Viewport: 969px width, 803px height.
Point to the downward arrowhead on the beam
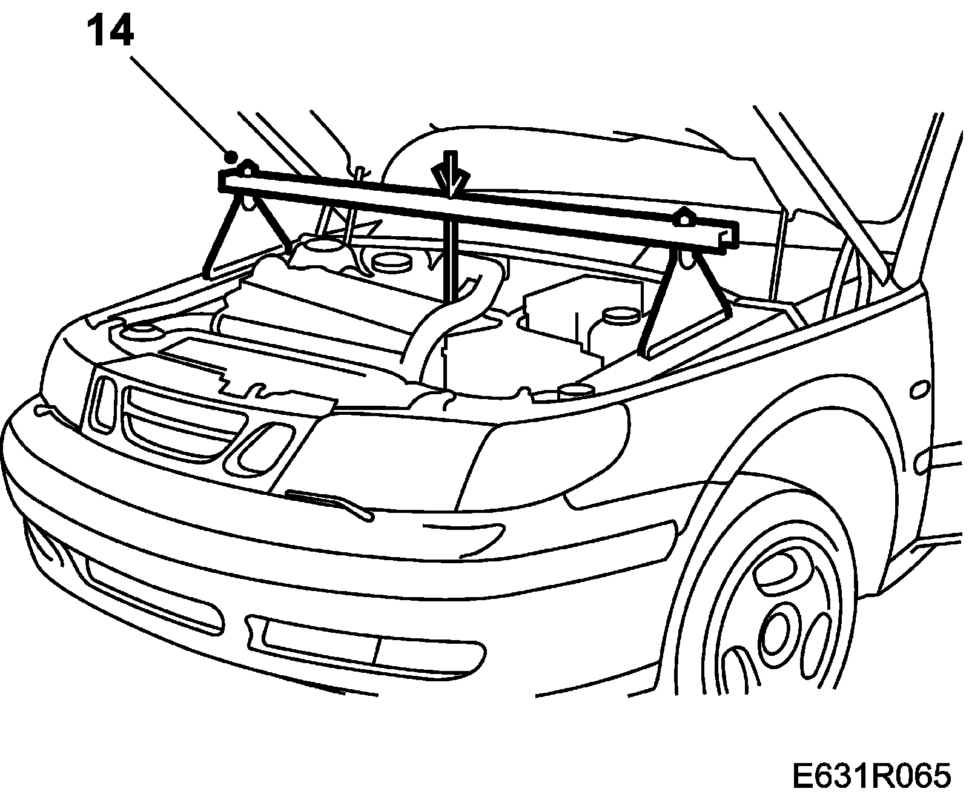(x=449, y=182)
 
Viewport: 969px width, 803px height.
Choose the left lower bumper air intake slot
(x=151, y=596)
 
